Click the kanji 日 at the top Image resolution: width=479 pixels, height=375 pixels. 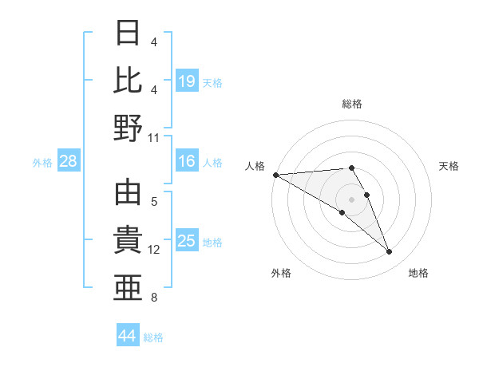point(129,33)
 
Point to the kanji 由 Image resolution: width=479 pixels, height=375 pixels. point(129,192)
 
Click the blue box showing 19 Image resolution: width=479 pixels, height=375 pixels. point(187,81)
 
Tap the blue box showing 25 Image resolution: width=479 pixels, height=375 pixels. point(187,241)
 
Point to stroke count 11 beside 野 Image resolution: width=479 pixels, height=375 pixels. point(154,137)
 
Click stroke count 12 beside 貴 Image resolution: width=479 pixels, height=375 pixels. point(154,250)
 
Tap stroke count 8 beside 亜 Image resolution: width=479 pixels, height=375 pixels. point(154,298)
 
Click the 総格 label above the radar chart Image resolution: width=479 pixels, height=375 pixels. point(352,104)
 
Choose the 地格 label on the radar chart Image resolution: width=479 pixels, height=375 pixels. point(418,273)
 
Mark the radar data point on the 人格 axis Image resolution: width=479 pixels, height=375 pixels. point(275,175)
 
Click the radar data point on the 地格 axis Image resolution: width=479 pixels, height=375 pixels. point(390,252)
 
